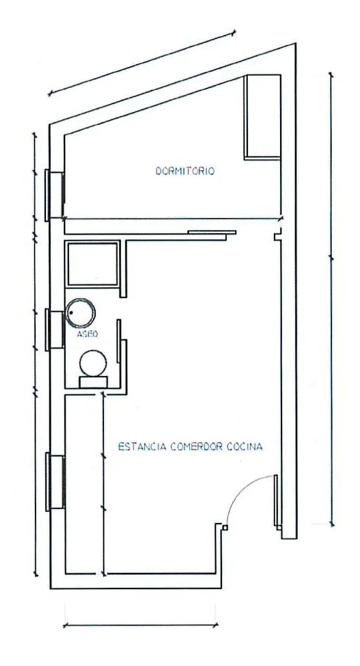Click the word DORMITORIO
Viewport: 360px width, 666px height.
(x=185, y=171)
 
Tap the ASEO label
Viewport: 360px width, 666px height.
(x=88, y=334)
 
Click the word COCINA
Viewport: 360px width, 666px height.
(x=245, y=447)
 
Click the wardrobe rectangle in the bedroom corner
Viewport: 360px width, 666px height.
(x=262, y=117)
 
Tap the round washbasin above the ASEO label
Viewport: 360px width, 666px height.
(x=80, y=313)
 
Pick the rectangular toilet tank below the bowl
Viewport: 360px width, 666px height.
(x=93, y=382)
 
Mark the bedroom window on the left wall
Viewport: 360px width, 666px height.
(x=54, y=195)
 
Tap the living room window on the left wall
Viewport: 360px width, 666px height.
(x=55, y=482)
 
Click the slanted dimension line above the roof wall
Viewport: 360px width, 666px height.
(x=142, y=63)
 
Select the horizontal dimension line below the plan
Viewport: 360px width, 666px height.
(x=141, y=625)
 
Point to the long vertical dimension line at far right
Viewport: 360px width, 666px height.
(x=332, y=300)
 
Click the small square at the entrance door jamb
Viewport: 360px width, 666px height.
(x=225, y=528)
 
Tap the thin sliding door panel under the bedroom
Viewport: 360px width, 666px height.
(x=212, y=232)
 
